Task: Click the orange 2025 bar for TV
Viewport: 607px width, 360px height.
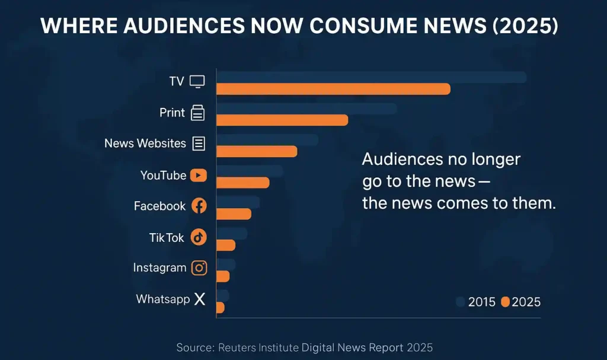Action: tap(333, 89)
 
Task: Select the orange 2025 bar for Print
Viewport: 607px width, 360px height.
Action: tap(282, 120)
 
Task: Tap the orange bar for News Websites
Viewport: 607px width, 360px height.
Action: tap(256, 151)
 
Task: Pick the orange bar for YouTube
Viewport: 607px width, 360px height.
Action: tap(242, 183)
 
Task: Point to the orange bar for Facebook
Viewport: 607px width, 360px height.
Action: tap(234, 214)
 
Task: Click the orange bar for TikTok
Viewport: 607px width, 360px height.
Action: tap(226, 245)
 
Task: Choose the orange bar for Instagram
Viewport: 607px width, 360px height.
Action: tap(223, 276)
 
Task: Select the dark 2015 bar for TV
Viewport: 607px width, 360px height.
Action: tap(371, 77)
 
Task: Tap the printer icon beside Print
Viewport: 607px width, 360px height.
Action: tap(197, 113)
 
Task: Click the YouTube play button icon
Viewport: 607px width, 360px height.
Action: tap(199, 176)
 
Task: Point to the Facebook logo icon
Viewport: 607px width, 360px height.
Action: tap(199, 206)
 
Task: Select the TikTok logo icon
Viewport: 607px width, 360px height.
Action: tap(199, 237)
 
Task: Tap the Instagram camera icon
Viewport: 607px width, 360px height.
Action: tap(200, 268)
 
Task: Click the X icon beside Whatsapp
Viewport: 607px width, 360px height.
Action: tap(199, 300)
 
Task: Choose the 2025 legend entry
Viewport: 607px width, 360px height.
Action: tap(521, 302)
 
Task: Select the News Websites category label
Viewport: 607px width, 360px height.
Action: tap(145, 144)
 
